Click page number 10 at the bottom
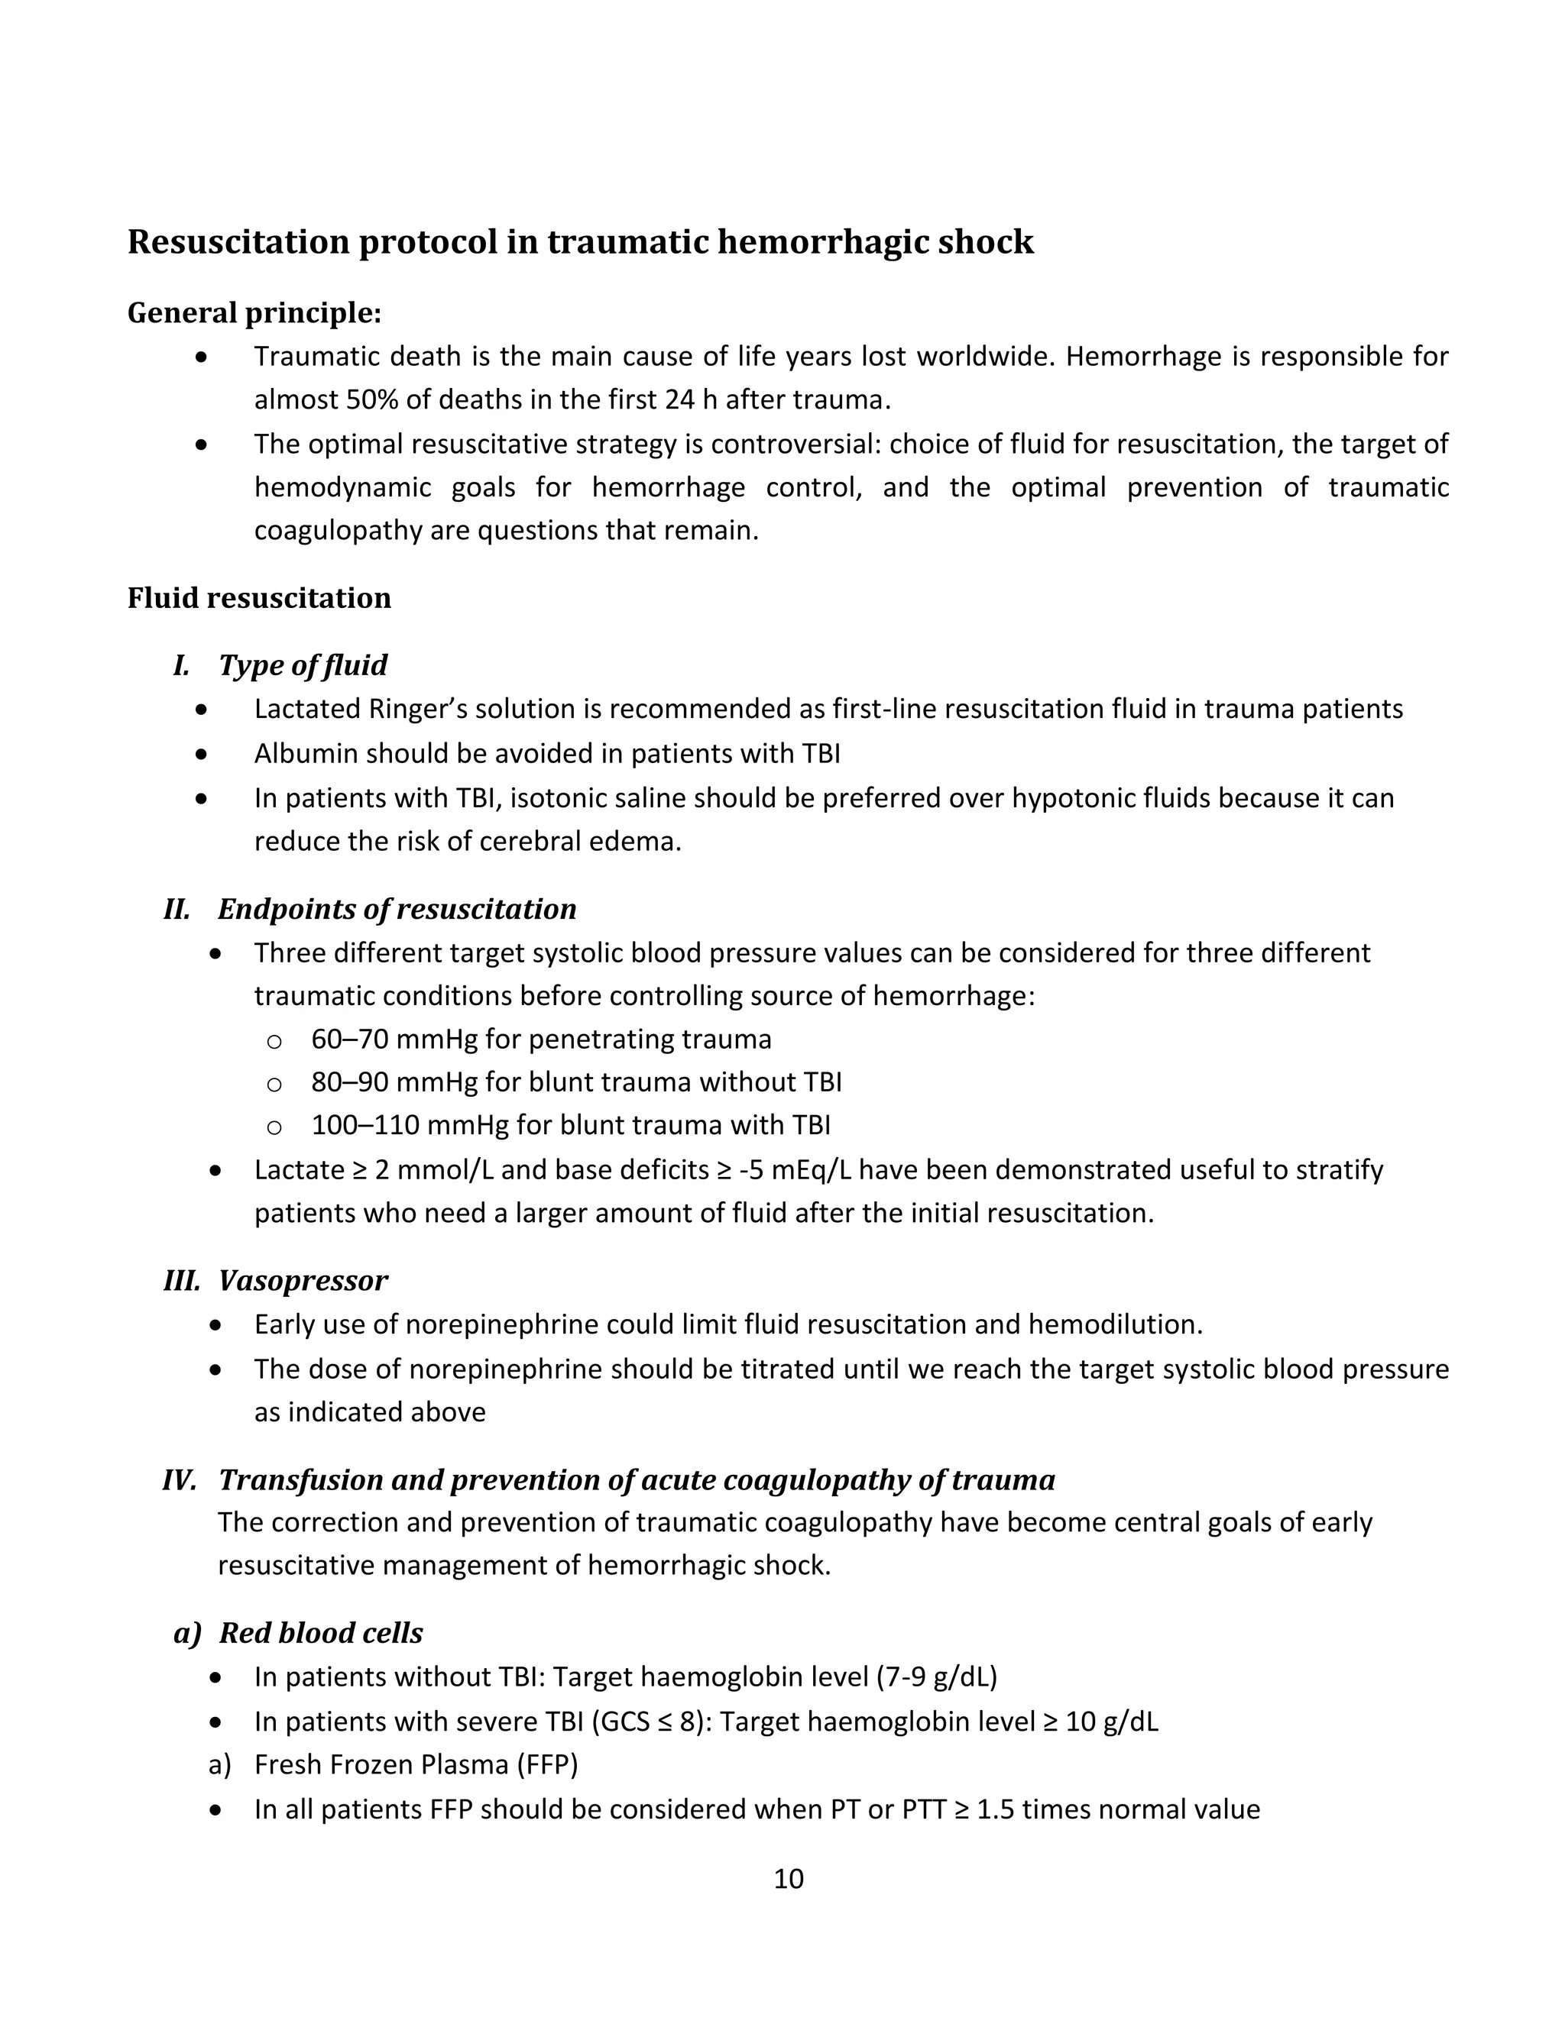click(788, 1879)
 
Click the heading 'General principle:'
click(254, 313)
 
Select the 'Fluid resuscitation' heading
click(259, 598)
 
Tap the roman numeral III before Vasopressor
click(182, 1281)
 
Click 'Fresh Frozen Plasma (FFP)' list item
click(416, 1764)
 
